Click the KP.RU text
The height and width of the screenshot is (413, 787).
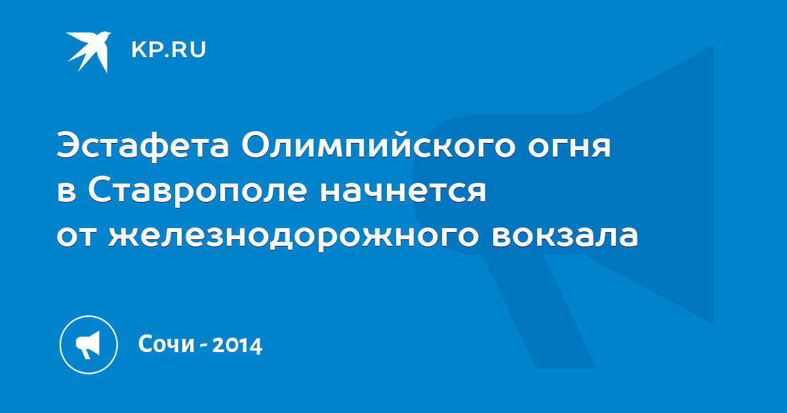169,50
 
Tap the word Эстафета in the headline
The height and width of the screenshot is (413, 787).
143,146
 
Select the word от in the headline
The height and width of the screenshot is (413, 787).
76,237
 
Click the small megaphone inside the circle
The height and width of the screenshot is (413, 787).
88,344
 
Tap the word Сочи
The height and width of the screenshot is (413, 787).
167,344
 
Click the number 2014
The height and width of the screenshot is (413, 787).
237,345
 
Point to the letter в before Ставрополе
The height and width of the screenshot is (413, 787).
66,193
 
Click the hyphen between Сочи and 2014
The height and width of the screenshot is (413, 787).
203,346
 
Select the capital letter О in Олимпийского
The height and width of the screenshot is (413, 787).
257,145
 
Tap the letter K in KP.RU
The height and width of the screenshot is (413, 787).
138,50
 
